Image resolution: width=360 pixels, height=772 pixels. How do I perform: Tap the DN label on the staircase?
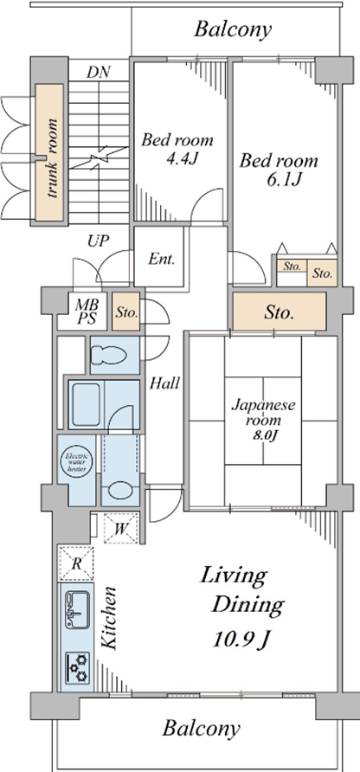coord(98,73)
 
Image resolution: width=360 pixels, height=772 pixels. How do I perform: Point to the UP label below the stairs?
coord(99,241)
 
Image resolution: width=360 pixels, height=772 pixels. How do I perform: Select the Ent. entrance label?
coord(162,260)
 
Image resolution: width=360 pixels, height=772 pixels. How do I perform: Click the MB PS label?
coord(81,312)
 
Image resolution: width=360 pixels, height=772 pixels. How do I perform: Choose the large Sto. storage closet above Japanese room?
coord(280,312)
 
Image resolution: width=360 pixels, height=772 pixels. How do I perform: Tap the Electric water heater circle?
coord(76,463)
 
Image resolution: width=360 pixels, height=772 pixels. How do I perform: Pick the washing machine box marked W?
coord(121,528)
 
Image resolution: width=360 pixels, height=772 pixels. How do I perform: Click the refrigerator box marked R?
coord(76,563)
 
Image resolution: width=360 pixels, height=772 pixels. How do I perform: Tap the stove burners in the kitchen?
coord(77,666)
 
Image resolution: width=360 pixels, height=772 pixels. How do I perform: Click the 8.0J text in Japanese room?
coord(263,435)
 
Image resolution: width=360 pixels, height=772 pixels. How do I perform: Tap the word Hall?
coord(164,383)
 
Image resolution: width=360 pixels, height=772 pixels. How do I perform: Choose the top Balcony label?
coord(233,29)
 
